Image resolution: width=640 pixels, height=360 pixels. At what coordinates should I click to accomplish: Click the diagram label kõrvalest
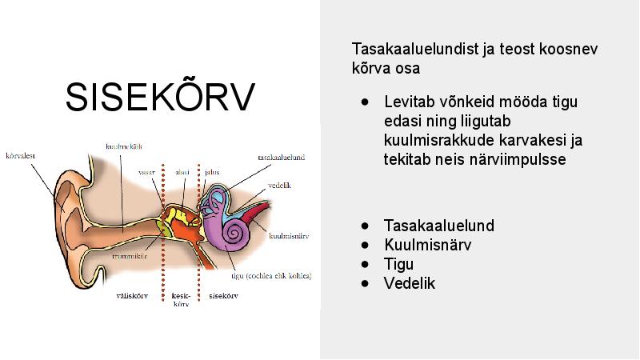click(x=21, y=156)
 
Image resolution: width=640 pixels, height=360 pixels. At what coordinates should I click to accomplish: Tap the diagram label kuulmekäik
click(x=124, y=146)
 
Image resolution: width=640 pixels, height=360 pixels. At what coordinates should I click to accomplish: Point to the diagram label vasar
click(x=146, y=172)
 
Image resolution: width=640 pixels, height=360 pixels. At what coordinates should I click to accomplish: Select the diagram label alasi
click(x=182, y=172)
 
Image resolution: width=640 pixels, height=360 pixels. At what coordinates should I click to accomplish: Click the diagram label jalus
click(x=212, y=172)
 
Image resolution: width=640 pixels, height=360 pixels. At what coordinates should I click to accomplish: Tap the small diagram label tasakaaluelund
click(x=282, y=157)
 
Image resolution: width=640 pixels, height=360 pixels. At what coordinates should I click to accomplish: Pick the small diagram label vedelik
click(x=279, y=186)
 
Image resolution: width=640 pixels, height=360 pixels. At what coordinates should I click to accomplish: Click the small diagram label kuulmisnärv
click(x=289, y=236)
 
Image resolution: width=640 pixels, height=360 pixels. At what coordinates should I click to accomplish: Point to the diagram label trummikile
click(x=130, y=256)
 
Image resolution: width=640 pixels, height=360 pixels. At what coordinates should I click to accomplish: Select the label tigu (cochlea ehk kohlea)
click(x=271, y=276)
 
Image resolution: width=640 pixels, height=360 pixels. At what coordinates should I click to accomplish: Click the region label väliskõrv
click(x=132, y=295)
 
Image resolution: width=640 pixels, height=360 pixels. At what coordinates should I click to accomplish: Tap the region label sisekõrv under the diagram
click(x=223, y=295)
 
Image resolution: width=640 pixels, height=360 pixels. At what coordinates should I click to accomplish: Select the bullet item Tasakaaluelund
click(x=438, y=226)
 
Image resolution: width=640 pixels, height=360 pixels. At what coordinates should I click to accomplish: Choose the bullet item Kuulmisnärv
click(x=427, y=245)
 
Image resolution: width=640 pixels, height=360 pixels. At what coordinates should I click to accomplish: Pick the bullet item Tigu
click(x=398, y=265)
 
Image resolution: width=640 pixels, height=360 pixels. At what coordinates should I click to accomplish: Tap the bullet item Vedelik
click(x=410, y=283)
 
